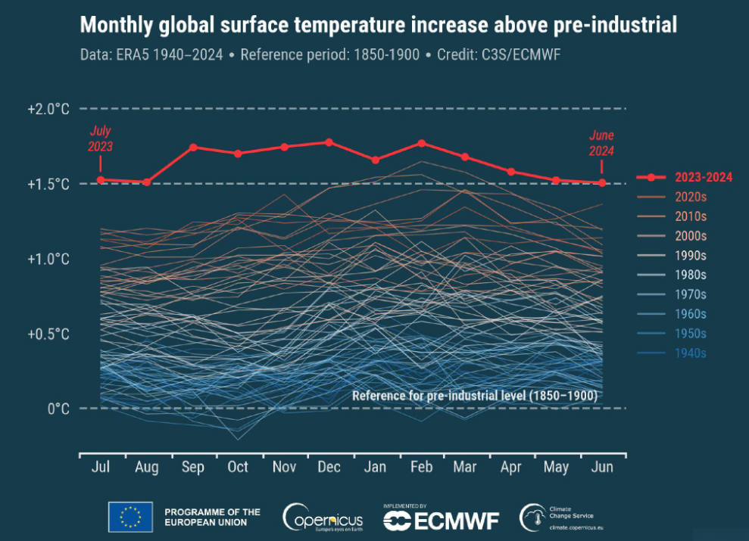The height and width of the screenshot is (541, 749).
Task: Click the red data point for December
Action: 329,142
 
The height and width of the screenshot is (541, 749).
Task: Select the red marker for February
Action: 422,143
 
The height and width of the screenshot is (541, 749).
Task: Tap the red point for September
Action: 193,147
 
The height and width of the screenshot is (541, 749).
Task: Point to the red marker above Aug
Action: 147,182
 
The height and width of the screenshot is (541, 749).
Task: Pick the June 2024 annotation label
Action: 601,142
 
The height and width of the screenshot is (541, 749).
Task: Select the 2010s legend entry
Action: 691,216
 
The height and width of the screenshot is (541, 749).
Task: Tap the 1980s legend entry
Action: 691,275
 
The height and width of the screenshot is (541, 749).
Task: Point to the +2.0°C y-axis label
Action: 48,109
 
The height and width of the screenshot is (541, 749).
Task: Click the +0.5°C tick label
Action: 48,334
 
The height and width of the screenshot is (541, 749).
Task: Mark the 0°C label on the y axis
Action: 58,409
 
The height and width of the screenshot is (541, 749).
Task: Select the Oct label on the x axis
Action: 238,468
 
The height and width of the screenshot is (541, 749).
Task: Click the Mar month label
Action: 465,468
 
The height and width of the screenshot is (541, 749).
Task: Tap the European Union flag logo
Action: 130,518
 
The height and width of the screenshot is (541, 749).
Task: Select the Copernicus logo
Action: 323,518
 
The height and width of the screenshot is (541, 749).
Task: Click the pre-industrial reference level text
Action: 475,396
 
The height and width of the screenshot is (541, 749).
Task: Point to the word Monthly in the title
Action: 115,26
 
